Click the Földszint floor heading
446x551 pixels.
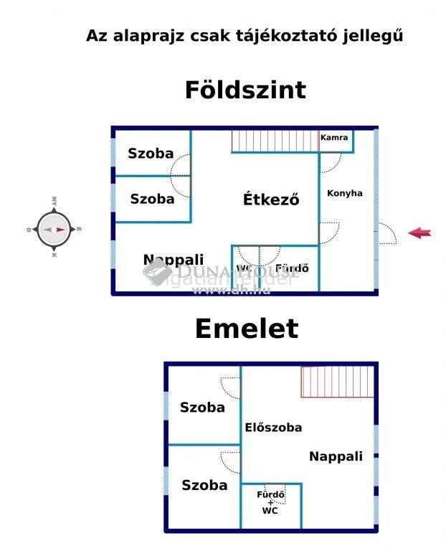245,90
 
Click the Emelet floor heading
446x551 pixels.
246,329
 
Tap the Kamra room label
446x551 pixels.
334,138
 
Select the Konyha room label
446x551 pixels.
345,193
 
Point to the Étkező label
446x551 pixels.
270,199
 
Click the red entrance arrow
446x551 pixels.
419,232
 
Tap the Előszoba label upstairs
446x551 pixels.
273,428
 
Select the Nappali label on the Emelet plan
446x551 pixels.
336,456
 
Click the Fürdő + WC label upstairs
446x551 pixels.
271,502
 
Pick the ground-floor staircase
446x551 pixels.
275,141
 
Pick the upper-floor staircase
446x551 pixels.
337,382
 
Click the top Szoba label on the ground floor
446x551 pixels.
151,154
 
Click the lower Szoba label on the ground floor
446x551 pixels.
152,199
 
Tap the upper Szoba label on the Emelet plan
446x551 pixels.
202,408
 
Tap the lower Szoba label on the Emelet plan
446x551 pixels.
204,485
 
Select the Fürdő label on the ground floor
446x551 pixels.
292,269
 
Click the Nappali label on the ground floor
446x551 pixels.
174,260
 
